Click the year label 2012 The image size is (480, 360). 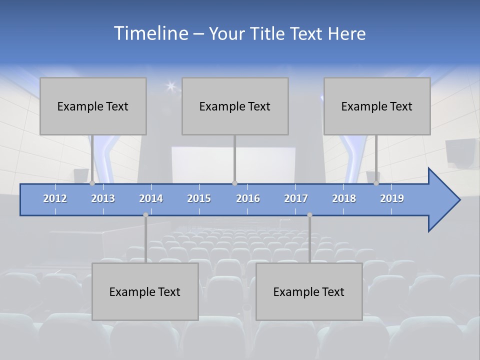pyautogui.click(x=55, y=198)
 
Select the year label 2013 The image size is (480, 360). pyautogui.click(x=103, y=198)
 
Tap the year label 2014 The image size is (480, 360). pyautogui.click(x=151, y=198)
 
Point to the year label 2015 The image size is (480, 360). pyautogui.click(x=199, y=198)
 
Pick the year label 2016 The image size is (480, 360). pyautogui.click(x=248, y=198)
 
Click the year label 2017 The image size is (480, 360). pyautogui.click(x=296, y=198)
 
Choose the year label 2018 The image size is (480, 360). pyautogui.click(x=344, y=198)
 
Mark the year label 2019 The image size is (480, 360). pyautogui.click(x=392, y=198)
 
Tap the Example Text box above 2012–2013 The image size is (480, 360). pyautogui.click(x=93, y=106)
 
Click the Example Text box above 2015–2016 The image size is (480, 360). pyautogui.click(x=235, y=106)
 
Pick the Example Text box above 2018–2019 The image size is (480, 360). pyautogui.click(x=377, y=106)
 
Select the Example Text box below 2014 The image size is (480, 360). pyautogui.click(x=145, y=291)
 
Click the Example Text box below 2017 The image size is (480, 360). pyautogui.click(x=309, y=291)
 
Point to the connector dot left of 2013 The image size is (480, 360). pyautogui.click(x=92, y=183)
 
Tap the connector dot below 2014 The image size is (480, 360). pyautogui.click(x=145, y=215)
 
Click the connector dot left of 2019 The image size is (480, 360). pyautogui.click(x=376, y=183)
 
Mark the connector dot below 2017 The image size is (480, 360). pyautogui.click(x=309, y=215)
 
